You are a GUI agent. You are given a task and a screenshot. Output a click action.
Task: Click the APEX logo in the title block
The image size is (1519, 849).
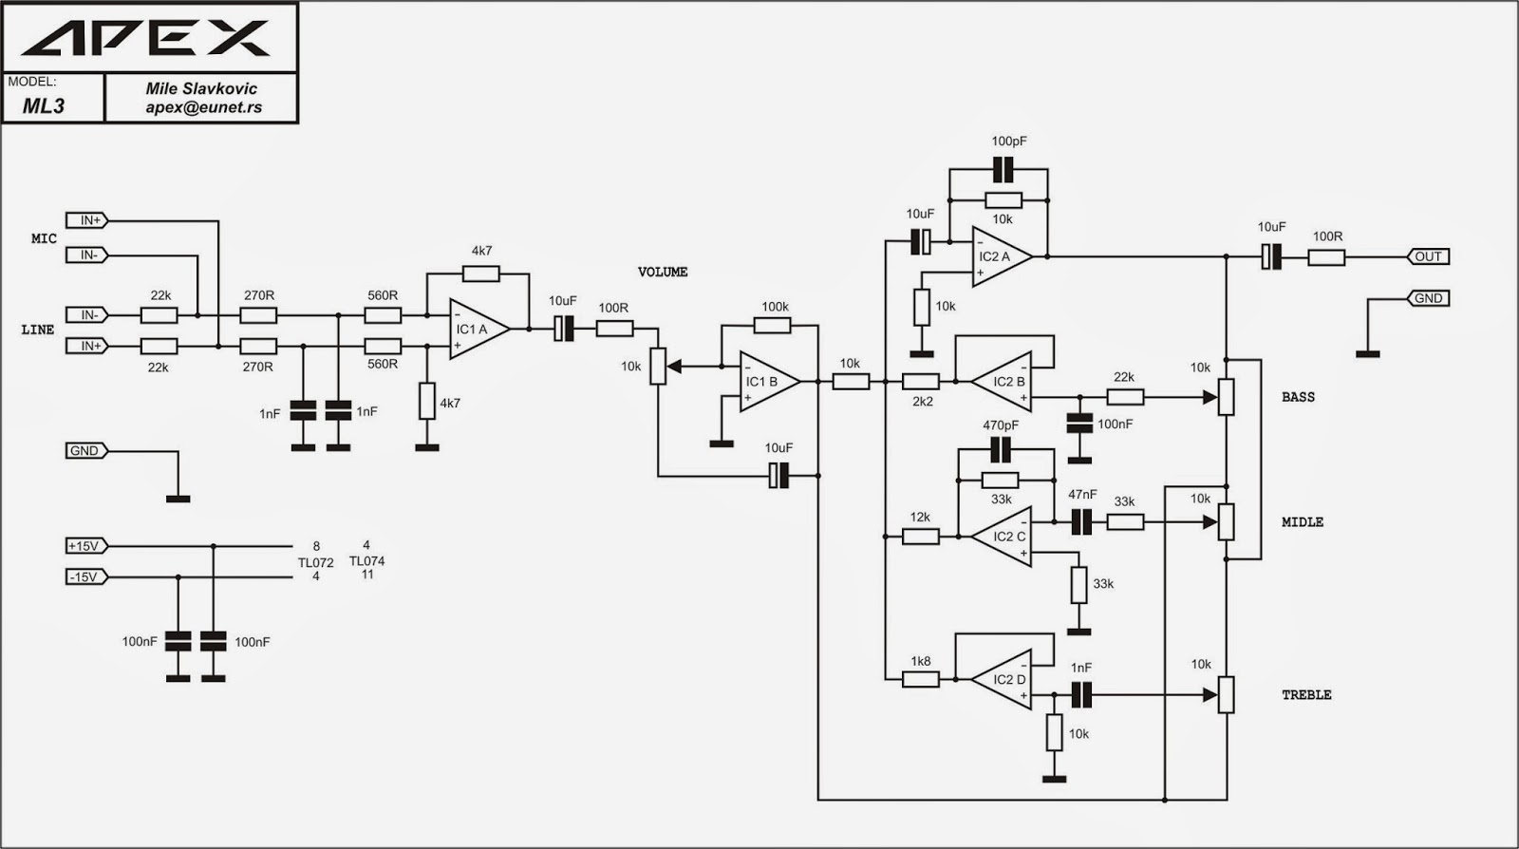pos(146,38)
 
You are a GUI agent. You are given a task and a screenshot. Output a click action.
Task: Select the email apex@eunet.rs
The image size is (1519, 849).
pos(203,107)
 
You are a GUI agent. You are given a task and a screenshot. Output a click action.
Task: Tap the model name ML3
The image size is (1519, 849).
pos(44,105)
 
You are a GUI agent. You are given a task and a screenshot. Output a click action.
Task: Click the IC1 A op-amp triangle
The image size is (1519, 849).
pos(479,329)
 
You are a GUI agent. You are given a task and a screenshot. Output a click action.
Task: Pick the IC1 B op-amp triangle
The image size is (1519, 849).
pos(769,381)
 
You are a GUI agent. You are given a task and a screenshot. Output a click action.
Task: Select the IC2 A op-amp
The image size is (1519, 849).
pos(1002,256)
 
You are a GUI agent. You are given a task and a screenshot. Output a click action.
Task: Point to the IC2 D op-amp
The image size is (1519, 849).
pos(1002,679)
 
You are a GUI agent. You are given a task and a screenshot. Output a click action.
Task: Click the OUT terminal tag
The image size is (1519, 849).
pos(1428,256)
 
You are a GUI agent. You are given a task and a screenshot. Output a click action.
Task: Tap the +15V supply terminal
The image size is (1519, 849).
pos(86,546)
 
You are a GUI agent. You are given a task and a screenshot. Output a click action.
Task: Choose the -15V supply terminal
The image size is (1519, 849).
pos(86,577)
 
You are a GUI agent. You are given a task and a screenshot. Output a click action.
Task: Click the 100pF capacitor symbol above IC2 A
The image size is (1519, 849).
pos(1003,170)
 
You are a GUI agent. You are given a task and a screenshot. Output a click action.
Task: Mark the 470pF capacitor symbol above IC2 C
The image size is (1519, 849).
pos(1001,449)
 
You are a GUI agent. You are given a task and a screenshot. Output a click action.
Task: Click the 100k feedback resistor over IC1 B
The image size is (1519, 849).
pos(773,326)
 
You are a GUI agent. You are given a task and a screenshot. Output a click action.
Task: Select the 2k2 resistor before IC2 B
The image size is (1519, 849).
pos(920,382)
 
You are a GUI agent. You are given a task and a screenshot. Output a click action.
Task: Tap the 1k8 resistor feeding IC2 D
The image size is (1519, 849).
pos(920,679)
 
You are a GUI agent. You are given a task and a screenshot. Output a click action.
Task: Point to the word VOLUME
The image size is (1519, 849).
pos(663,272)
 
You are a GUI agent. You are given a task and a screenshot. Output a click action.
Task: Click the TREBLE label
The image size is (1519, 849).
pos(1306,695)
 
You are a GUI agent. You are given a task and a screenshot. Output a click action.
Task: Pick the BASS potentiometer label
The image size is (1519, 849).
pos(1298,397)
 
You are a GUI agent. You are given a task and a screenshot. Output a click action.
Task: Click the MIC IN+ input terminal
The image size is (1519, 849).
pos(86,220)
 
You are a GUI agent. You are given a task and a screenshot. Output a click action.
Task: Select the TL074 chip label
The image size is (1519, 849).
pos(366,561)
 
